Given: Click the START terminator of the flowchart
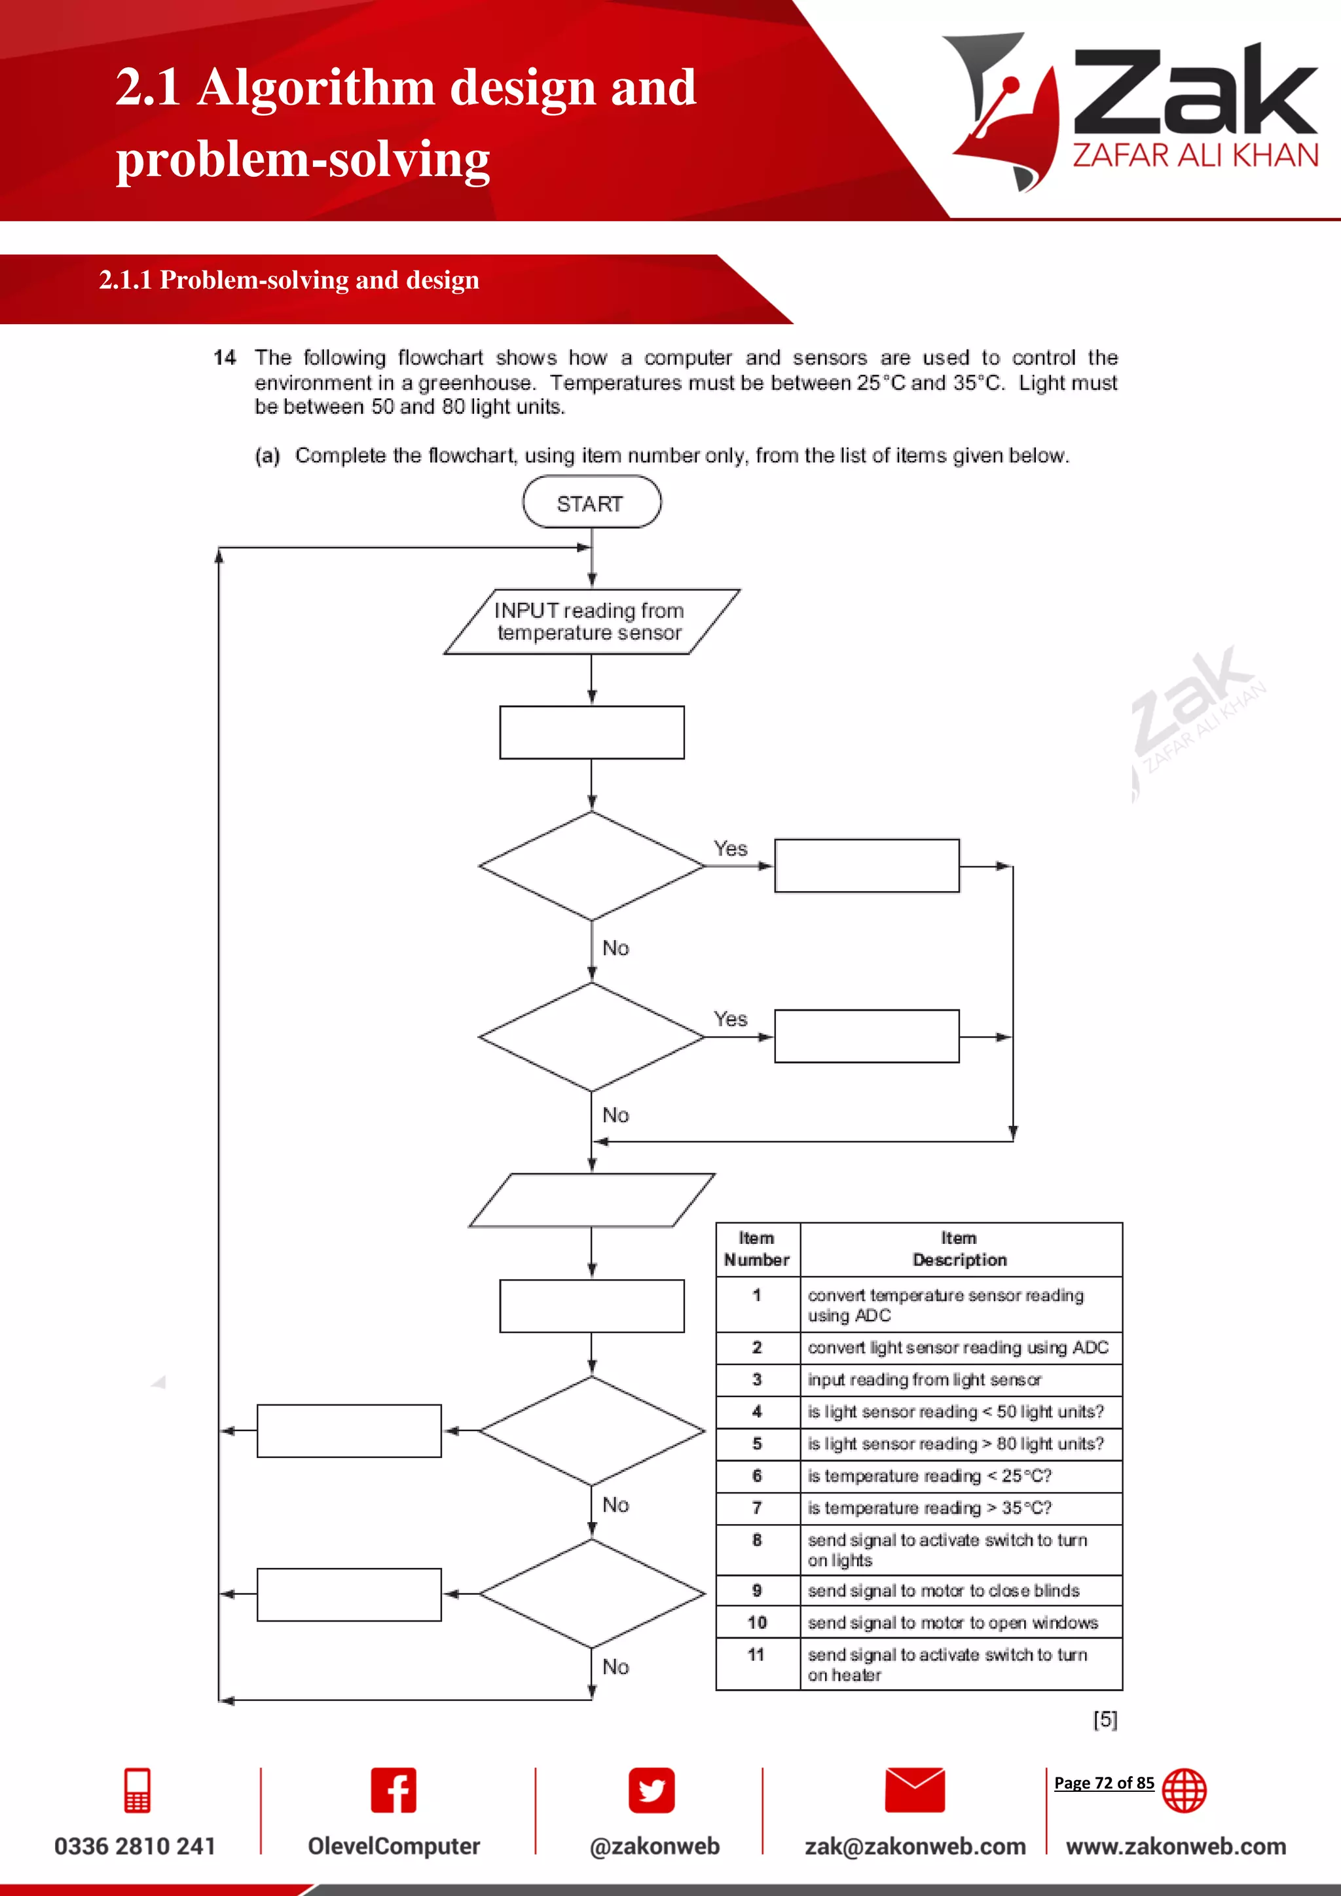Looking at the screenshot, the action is (x=591, y=503).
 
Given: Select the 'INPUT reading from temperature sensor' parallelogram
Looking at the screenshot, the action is (x=591, y=622).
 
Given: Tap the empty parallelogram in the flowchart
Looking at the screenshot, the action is (x=591, y=1200).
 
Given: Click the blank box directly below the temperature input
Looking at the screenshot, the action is (x=591, y=733).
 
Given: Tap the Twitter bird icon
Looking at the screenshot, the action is (x=652, y=1791).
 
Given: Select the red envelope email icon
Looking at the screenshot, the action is (x=914, y=1791).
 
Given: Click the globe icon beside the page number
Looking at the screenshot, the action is (x=1183, y=1791).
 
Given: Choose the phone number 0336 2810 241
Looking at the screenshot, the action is (x=135, y=1846).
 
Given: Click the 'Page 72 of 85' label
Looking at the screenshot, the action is (x=1103, y=1783).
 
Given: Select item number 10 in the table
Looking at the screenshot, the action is (x=757, y=1623).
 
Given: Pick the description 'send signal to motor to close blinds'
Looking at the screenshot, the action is (x=943, y=1590).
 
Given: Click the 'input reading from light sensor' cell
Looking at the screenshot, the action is (x=924, y=1380).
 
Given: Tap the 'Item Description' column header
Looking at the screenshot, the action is (x=959, y=1249).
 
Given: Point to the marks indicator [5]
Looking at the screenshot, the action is (x=1105, y=1719).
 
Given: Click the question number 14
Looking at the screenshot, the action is (x=225, y=357).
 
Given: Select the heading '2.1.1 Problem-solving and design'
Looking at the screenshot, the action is (x=289, y=280).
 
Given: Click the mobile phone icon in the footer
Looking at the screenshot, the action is (x=137, y=1791).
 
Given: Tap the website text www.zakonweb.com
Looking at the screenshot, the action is (x=1176, y=1846).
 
